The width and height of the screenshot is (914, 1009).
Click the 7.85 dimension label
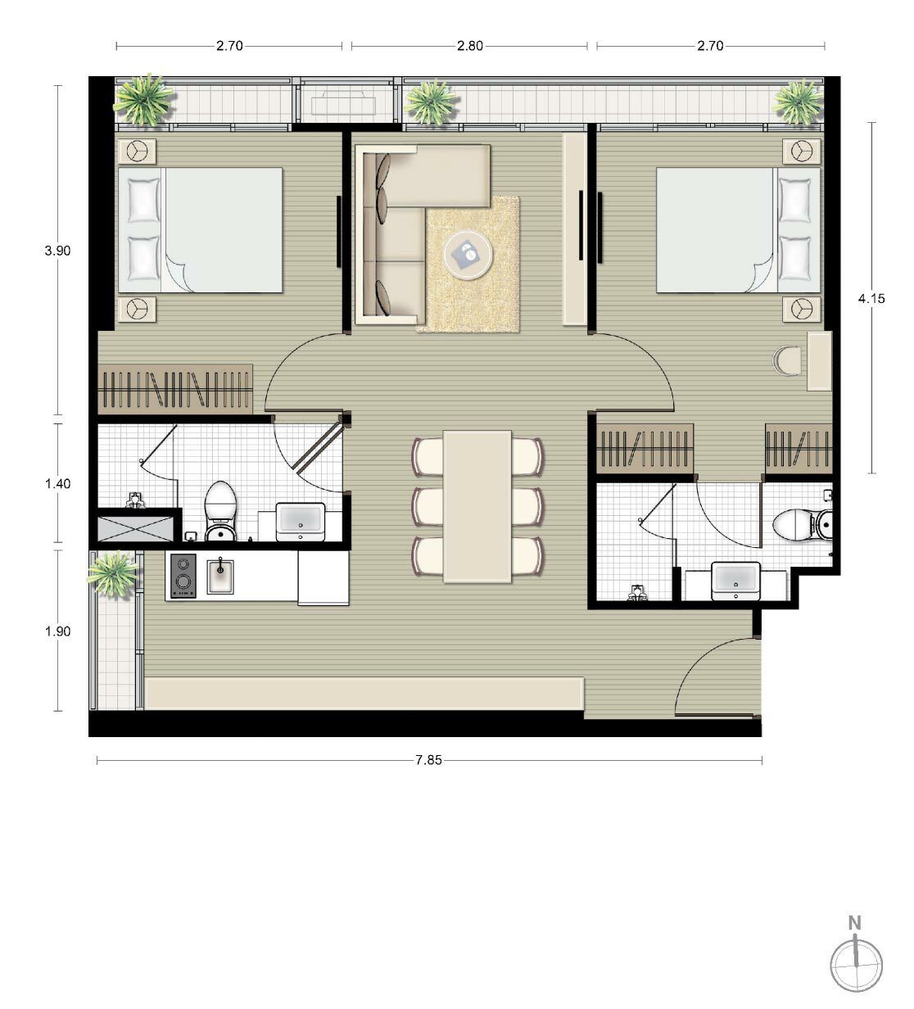tap(428, 760)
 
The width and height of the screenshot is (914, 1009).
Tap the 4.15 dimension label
tap(871, 299)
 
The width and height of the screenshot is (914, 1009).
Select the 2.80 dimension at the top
tap(470, 47)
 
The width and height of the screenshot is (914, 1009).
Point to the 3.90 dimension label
tap(58, 251)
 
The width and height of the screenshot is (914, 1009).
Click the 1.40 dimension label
tap(58, 484)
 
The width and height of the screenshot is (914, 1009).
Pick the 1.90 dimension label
tap(58, 631)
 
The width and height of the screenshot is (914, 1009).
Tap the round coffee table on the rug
tap(468, 255)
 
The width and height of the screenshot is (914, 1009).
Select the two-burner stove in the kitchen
tap(183, 576)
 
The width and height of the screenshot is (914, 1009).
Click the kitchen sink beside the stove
tap(220, 577)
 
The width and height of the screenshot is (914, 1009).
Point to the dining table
tap(477, 506)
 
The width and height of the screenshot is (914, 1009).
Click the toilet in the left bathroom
tap(220, 511)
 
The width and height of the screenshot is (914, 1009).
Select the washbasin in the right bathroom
tap(735, 581)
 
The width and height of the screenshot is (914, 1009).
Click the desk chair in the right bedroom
tap(787, 360)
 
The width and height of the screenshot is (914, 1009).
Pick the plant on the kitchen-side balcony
tap(113, 574)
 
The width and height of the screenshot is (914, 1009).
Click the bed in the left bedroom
tap(200, 230)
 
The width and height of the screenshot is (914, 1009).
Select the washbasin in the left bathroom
tap(301, 522)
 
